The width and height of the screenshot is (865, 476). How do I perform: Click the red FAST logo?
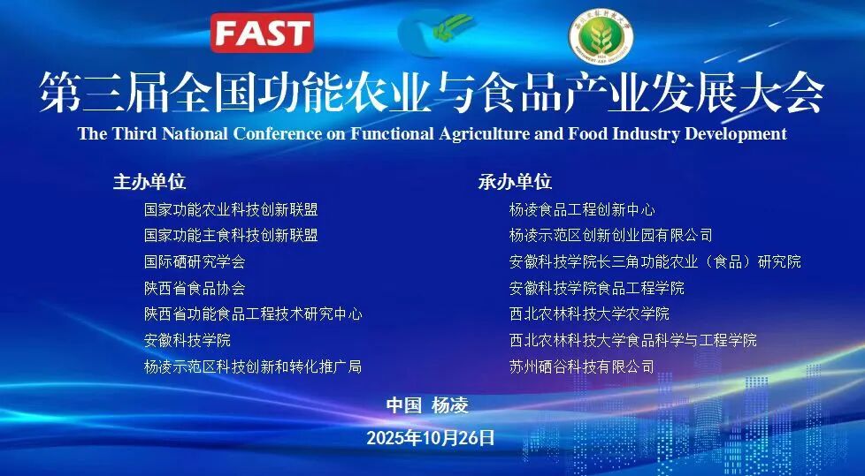262,33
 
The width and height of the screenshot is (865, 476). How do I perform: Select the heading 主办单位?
149,182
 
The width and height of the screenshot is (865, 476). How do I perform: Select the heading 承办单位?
515,182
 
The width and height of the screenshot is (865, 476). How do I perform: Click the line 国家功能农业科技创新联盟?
231,210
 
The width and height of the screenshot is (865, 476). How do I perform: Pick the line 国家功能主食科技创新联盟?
231,236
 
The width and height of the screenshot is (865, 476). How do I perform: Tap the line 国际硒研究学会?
195,262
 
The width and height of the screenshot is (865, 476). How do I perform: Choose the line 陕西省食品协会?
195,288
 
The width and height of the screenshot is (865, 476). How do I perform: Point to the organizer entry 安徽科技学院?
188,340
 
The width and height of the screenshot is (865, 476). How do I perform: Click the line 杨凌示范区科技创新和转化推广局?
253,366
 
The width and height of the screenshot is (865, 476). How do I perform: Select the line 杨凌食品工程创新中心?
582,210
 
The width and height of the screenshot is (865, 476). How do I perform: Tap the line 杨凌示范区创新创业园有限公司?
610,236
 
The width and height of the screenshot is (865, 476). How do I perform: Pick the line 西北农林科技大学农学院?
589,314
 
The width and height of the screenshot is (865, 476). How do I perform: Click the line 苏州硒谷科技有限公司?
582,366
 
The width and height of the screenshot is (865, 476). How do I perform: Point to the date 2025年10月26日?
431,437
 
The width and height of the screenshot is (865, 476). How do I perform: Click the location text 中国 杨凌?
427,405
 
